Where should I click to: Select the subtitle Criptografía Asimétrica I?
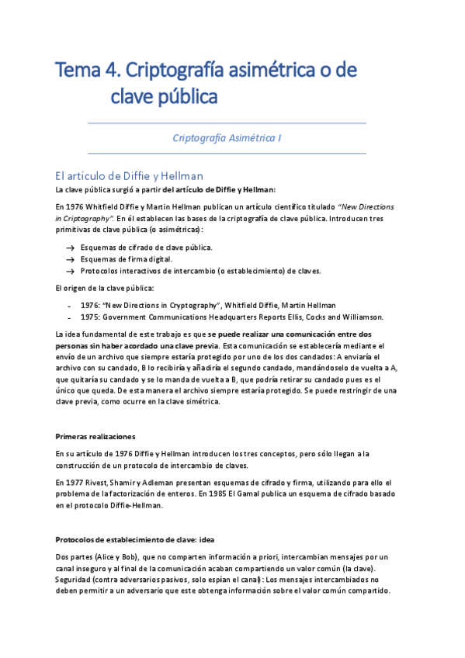click(x=227, y=137)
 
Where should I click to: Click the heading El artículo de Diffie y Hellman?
click(x=129, y=175)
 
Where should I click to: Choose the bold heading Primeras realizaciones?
click(x=95, y=436)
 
